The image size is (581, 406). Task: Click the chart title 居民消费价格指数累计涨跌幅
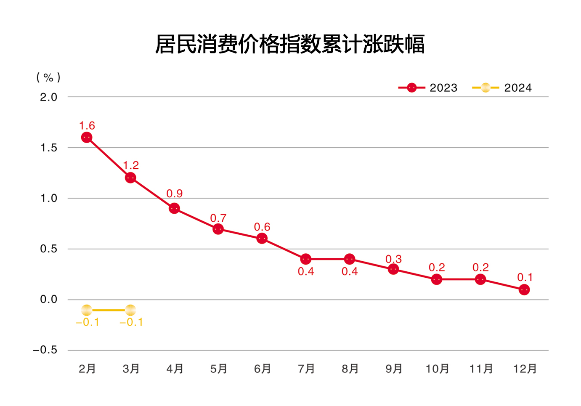click(290, 44)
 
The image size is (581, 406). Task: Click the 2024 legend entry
click(502, 88)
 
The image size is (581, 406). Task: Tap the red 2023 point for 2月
click(87, 138)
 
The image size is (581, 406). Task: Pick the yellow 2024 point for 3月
click(130, 310)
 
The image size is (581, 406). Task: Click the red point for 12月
click(524, 289)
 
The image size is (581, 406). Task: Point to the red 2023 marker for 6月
click(262, 239)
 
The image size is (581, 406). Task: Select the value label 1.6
click(87, 125)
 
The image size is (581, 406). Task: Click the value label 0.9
click(175, 194)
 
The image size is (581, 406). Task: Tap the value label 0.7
click(218, 218)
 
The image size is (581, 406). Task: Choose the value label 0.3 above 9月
click(394, 259)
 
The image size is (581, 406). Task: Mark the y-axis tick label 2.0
click(48, 97)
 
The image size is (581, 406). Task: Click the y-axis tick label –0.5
click(45, 350)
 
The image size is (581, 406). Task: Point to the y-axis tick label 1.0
click(48, 198)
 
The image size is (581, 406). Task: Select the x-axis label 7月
click(306, 369)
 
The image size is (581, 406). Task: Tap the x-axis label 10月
click(438, 369)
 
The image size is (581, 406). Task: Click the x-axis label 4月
click(175, 369)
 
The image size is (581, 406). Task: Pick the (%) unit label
click(48, 77)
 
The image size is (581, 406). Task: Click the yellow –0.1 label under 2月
click(88, 322)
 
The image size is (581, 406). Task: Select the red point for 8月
click(349, 259)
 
